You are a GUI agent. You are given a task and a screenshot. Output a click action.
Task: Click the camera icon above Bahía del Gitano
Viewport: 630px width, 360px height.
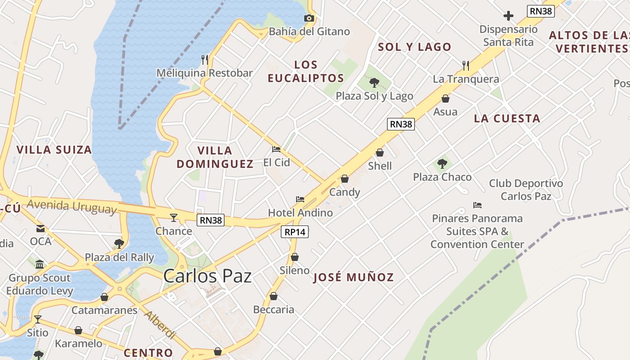pos(309,18)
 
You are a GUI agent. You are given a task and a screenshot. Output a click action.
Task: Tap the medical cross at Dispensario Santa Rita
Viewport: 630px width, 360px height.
pos(508,16)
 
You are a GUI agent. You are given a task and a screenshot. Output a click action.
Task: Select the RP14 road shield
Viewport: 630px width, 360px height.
pos(295,232)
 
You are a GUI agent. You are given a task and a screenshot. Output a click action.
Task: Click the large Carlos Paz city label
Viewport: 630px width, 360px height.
pos(207,275)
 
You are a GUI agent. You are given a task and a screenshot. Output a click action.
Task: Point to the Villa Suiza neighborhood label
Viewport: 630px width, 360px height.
pos(54,149)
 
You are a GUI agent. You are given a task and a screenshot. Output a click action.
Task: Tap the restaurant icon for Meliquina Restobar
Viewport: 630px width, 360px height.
pos(205,59)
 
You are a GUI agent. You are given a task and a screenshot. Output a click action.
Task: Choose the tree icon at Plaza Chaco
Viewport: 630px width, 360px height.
pos(442,164)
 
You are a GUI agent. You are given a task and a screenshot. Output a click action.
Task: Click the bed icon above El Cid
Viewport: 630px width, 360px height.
pos(276,149)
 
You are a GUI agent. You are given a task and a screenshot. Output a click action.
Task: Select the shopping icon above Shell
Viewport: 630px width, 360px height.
pos(380,153)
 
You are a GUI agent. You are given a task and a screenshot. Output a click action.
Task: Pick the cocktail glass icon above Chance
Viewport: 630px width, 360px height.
pos(174,218)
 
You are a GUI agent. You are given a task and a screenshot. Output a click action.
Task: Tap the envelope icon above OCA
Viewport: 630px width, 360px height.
pos(40,228)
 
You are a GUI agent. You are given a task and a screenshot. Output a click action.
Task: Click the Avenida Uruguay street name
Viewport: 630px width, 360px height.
pos(72,207)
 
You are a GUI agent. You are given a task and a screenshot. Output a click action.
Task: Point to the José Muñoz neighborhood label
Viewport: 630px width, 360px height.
pos(353,277)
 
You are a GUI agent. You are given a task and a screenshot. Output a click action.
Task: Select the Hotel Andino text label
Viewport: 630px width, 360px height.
pos(300,212)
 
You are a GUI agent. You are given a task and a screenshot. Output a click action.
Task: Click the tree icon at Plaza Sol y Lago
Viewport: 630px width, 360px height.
pos(374,82)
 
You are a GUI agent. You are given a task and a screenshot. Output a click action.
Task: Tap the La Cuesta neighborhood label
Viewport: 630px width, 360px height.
pos(507,118)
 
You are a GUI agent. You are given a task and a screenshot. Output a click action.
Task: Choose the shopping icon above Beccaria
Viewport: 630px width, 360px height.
pos(274,296)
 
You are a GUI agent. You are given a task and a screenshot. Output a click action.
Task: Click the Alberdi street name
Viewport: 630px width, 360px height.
pos(160,324)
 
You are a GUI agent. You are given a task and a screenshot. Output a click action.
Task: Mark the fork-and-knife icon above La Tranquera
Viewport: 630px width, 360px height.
pos(466,66)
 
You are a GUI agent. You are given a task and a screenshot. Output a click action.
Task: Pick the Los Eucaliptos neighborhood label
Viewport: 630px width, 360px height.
pos(306,71)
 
